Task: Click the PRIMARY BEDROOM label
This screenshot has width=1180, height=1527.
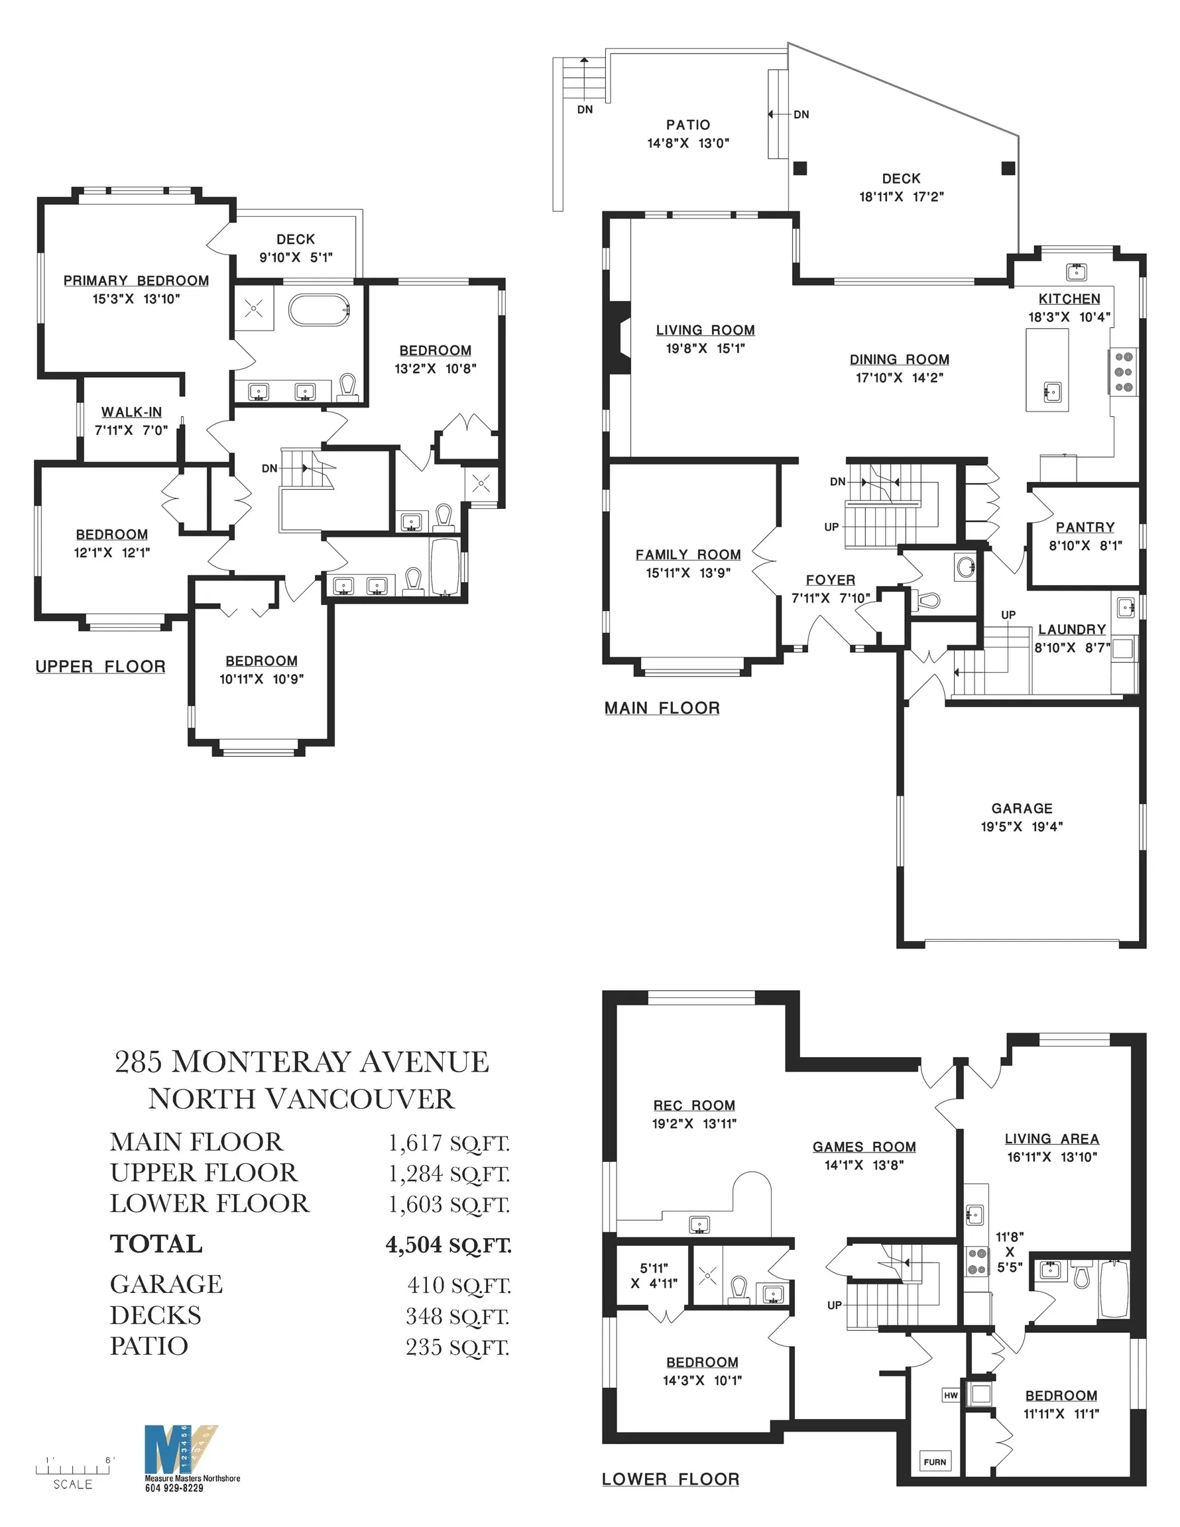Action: pyautogui.click(x=137, y=280)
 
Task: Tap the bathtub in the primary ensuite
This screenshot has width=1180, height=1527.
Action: pyautogui.click(x=319, y=309)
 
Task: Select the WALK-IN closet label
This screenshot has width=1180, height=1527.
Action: pyautogui.click(x=131, y=412)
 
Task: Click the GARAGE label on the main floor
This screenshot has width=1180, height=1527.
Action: pyautogui.click(x=1022, y=809)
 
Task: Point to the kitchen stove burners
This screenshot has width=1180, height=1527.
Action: pyautogui.click(x=1124, y=372)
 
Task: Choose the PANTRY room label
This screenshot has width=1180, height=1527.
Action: pyautogui.click(x=1086, y=527)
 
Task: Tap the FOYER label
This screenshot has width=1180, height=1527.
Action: pyautogui.click(x=830, y=580)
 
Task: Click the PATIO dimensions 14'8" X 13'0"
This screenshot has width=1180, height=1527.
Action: pyautogui.click(x=688, y=143)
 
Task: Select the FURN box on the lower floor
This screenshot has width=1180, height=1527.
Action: pyautogui.click(x=935, y=1461)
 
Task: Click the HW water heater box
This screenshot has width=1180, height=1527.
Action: pyautogui.click(x=951, y=1395)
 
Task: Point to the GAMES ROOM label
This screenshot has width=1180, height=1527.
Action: pyautogui.click(x=864, y=1147)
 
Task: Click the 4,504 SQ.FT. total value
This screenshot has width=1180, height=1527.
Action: pyautogui.click(x=448, y=1245)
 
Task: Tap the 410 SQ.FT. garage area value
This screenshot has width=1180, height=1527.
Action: pyautogui.click(x=459, y=1285)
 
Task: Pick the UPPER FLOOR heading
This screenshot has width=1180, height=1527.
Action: pyautogui.click(x=101, y=666)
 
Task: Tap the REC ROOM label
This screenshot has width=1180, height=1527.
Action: pyautogui.click(x=694, y=1105)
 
